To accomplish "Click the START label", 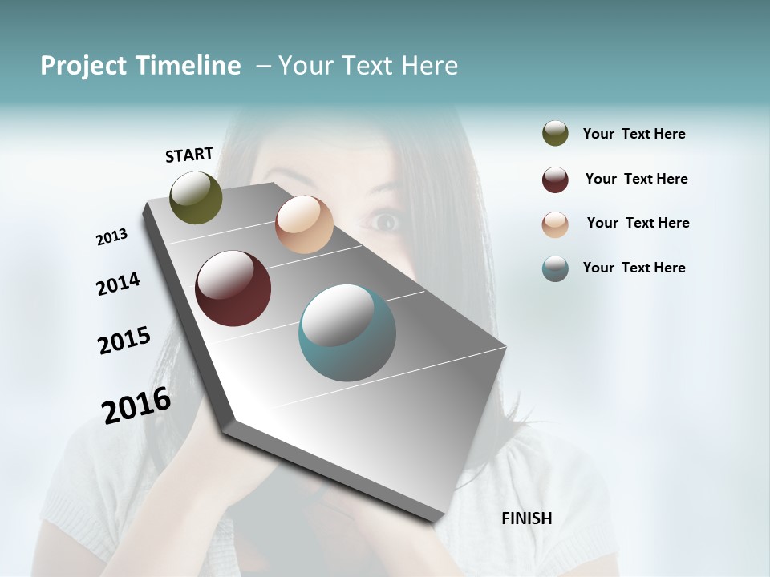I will tap(189, 155).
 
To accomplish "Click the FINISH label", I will tap(526, 518).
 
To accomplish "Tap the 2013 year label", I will tap(112, 237).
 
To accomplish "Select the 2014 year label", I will tap(118, 284).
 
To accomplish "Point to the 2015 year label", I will tap(124, 341).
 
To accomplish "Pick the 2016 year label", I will tap(136, 405).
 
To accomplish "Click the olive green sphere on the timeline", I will tap(196, 197).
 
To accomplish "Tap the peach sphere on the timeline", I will tap(304, 224).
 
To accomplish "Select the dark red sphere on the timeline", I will tap(233, 288).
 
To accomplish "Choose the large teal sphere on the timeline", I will tap(347, 333).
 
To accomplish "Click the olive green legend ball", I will tap(555, 133).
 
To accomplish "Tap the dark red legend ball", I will tap(555, 180).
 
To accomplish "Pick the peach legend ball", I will tap(555, 224).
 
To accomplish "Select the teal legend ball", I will tap(555, 268).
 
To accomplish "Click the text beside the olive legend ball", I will tap(634, 135).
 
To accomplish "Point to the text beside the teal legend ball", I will tap(634, 268).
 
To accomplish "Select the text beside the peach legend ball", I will tap(638, 223).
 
